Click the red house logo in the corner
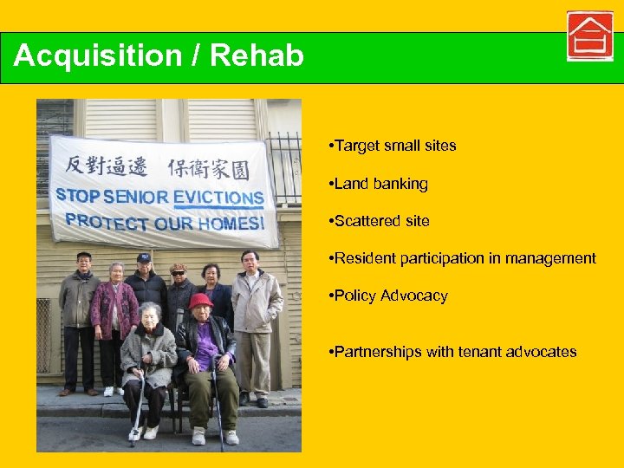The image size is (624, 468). [x=590, y=36]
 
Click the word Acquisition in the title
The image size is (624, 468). [x=97, y=56]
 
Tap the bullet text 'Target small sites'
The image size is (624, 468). [x=394, y=146]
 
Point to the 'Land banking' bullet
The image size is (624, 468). [x=380, y=184]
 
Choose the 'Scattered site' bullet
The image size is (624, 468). [x=381, y=221]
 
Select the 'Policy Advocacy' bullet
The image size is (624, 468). [x=391, y=296]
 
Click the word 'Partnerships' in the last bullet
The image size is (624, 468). [x=375, y=352]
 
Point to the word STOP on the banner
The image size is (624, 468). [x=77, y=194]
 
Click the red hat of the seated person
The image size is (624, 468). [x=201, y=300]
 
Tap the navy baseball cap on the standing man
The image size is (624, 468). [x=144, y=257]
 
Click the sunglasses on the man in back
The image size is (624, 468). [x=179, y=273]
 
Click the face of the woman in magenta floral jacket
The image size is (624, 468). [x=116, y=272]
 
